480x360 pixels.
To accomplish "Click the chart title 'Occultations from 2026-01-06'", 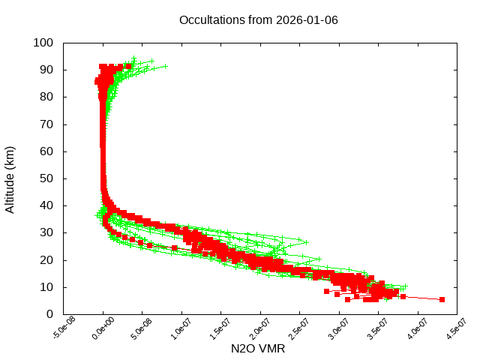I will pyautogui.click(x=258, y=19).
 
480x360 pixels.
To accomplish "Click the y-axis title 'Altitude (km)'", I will pyautogui.click(x=10, y=178).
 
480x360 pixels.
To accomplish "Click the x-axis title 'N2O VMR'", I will pyautogui.click(x=258, y=349).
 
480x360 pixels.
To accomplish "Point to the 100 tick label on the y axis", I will pyautogui.click(x=43, y=43).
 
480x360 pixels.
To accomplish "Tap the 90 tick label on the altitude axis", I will pyautogui.click(x=46, y=70).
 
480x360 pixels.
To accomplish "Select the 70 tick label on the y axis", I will pyautogui.click(x=46, y=124).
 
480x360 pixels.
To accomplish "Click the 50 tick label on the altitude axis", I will pyautogui.click(x=46, y=178).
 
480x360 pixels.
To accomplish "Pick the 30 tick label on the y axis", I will pyautogui.click(x=46, y=232).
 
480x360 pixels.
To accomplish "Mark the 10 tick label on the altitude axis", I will pyautogui.click(x=46, y=287).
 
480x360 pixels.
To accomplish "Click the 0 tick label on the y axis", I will pyautogui.click(x=49, y=314).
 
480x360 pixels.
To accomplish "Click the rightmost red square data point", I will pyautogui.click(x=442, y=299).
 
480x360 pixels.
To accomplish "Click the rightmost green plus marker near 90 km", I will pyautogui.click(x=165, y=66).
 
